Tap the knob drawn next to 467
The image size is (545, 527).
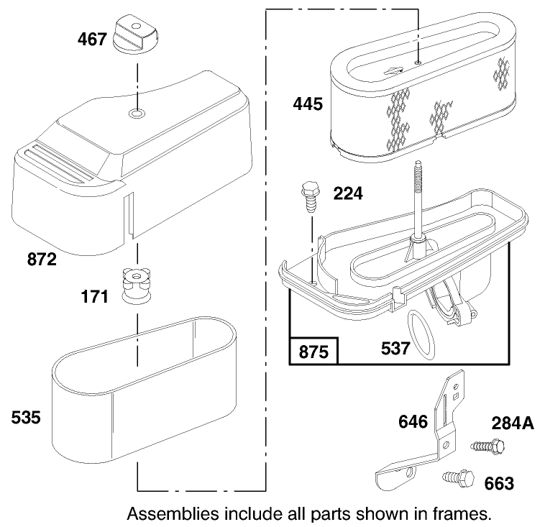136,34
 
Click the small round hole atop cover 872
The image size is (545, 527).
135,114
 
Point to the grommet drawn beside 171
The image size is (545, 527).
135,286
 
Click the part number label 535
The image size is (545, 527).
27,417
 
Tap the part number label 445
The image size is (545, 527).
308,104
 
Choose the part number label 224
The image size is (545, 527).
348,193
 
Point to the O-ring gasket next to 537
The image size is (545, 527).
420,333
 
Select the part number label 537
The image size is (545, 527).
396,349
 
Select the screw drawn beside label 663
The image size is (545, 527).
454,476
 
